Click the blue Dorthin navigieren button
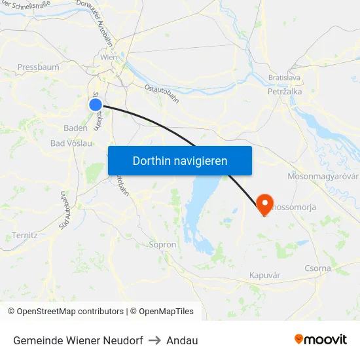[180, 160]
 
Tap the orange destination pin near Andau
[265, 204]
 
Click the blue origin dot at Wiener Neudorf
[96, 104]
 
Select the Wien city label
[109, 58]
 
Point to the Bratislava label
[284, 78]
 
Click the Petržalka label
[285, 92]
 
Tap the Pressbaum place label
[38, 67]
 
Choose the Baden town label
[76, 128]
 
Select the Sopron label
[163, 245]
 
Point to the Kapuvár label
[264, 276]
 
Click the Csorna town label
[318, 268]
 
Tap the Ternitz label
[25, 235]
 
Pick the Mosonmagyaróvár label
[323, 177]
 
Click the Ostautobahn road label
[162, 92]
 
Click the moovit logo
[321, 339]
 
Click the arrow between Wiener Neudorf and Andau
[154, 340]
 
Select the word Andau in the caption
[182, 340]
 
